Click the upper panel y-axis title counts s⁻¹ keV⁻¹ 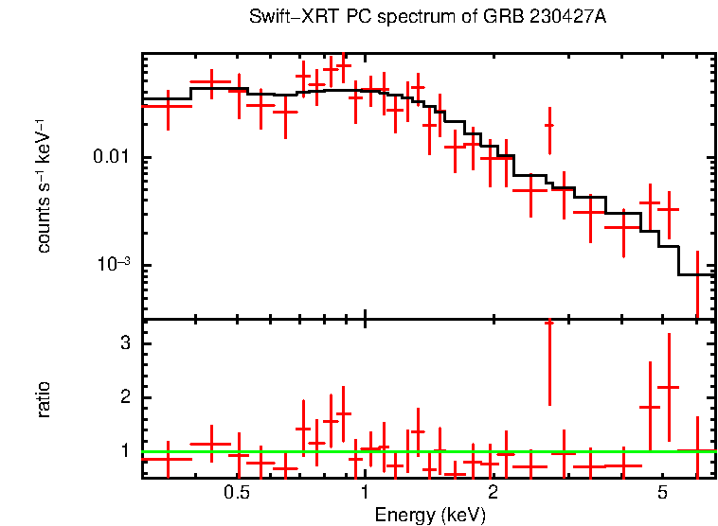44,185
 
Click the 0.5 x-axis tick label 237,493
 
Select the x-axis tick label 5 663,493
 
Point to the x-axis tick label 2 493,493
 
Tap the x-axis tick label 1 365,493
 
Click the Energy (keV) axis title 430,515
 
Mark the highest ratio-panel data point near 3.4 548,324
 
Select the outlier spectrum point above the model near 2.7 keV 548,125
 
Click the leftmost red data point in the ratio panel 167,459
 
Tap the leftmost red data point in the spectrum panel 167,106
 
